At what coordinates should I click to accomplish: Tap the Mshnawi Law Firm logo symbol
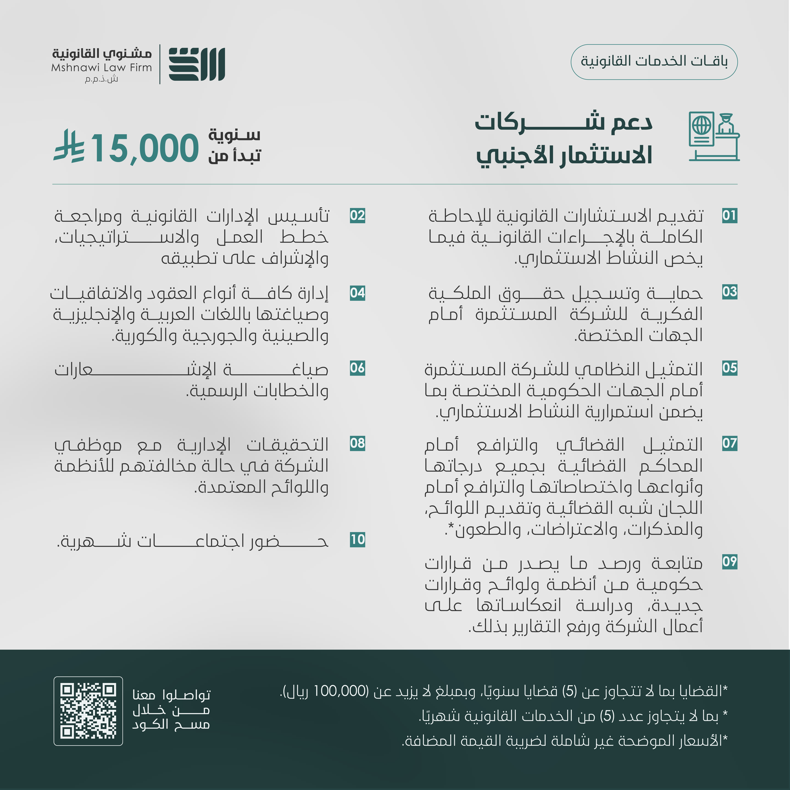197,64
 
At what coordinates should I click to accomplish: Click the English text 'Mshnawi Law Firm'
101,67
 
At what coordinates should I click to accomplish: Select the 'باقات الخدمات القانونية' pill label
654,62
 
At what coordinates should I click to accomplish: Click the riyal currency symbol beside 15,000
69,146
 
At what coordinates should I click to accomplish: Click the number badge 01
729,216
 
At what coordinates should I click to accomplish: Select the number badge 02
357,216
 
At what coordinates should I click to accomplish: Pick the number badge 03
729,292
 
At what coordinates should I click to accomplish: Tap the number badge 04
357,293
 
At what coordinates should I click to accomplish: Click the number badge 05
729,368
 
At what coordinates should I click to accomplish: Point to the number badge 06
357,368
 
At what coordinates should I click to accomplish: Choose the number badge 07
729,443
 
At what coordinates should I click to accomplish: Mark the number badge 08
357,443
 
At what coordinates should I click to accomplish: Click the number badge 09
729,561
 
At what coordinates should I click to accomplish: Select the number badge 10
357,540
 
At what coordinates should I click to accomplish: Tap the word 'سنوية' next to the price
234,134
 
